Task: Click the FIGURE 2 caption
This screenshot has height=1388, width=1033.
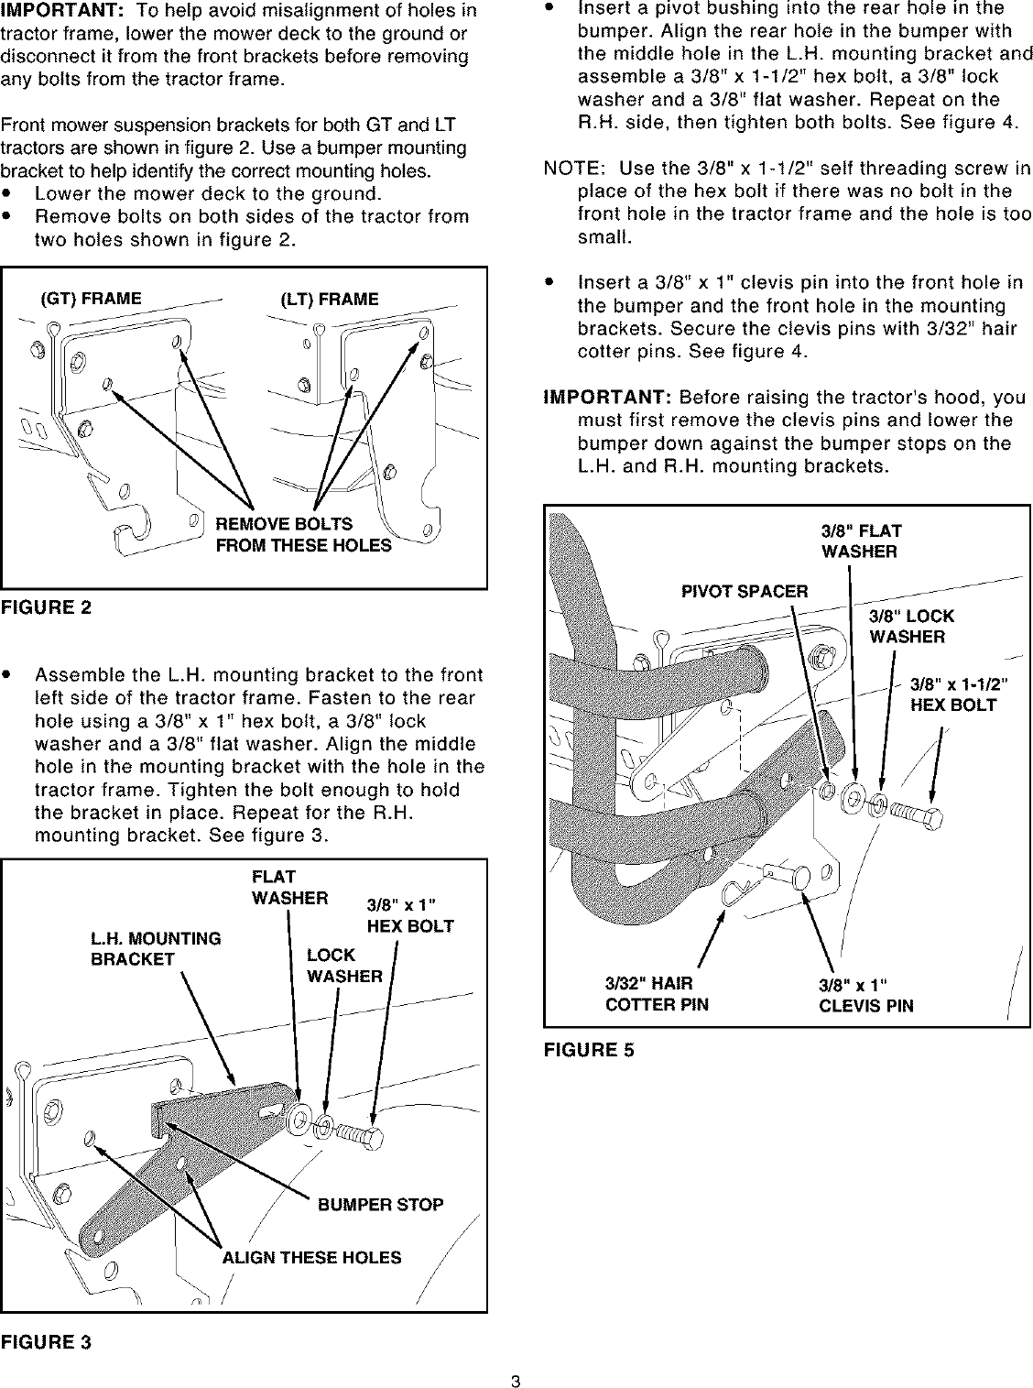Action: pos(46,608)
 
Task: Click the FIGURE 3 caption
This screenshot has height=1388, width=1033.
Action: pos(46,1342)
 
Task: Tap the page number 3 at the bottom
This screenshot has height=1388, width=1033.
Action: pos(516,1374)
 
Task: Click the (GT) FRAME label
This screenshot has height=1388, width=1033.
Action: pos(91,299)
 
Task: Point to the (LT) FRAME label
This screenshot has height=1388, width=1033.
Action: pos(330,300)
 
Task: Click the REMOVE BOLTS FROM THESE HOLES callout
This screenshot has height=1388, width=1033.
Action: pos(302,535)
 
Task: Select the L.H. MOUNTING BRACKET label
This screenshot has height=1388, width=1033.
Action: pos(155,949)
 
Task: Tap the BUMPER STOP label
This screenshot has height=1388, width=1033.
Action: pos(380,1205)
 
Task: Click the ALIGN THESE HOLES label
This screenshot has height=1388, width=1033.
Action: pos(311,1258)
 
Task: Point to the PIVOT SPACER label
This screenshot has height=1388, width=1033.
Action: pos(745,592)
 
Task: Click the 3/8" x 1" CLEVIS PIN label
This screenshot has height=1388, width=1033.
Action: pos(865,996)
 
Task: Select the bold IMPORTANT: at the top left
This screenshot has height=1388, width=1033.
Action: pos(60,11)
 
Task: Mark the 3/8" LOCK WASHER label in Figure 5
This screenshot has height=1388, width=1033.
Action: pos(911,627)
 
